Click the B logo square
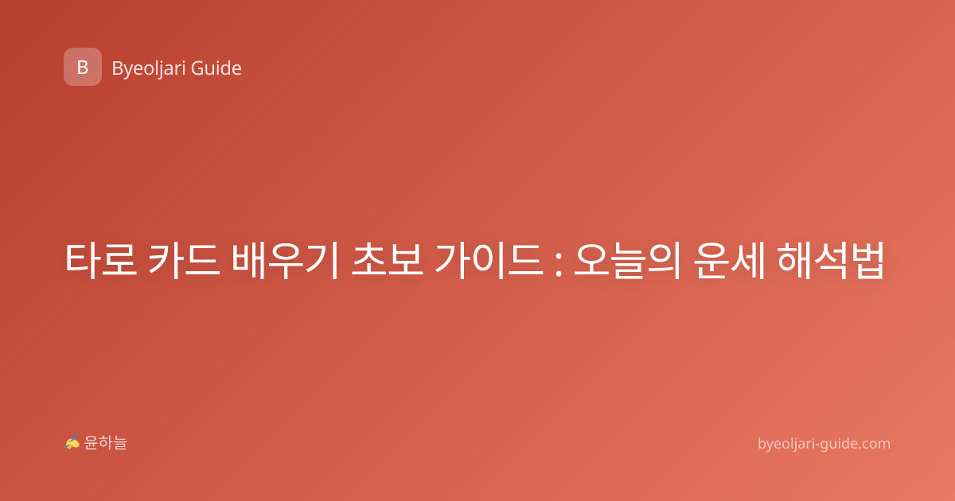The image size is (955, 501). (83, 67)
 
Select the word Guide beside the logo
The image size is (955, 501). (216, 68)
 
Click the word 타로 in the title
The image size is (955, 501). (101, 260)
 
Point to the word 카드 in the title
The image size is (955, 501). (184, 260)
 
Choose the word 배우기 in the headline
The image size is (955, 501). (285, 260)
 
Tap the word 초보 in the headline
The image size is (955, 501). (387, 259)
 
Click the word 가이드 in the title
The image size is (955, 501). (489, 260)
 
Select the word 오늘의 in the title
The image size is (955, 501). (627, 260)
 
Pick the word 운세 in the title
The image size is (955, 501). (729, 260)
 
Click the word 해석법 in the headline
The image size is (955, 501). (831, 260)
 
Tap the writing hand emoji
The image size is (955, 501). (72, 442)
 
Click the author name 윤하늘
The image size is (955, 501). (106, 443)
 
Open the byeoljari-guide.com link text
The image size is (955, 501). (824, 445)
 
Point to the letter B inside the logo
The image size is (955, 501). (83, 68)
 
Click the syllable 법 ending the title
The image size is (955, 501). (867, 260)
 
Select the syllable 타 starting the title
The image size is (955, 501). (82, 260)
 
